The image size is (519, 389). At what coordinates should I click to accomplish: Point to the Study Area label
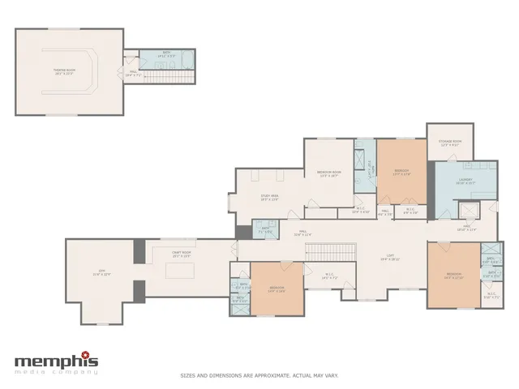coord(269,197)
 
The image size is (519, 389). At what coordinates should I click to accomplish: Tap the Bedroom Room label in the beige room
coord(329,173)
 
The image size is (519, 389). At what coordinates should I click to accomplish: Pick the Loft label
coord(392,258)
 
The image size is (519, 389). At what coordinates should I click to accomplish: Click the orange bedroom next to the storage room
coord(401,170)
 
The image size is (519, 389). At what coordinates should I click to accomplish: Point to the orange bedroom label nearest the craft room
coord(277,288)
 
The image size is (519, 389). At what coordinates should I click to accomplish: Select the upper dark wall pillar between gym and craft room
coord(139,250)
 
